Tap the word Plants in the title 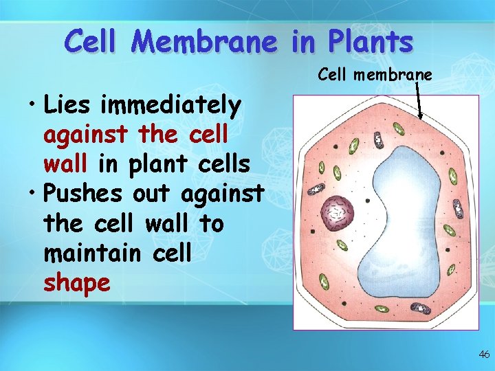coord(371,42)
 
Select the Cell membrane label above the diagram coord(375,74)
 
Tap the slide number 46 coord(484,355)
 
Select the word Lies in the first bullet coord(69,106)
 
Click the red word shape coord(76,282)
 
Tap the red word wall coord(66,165)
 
